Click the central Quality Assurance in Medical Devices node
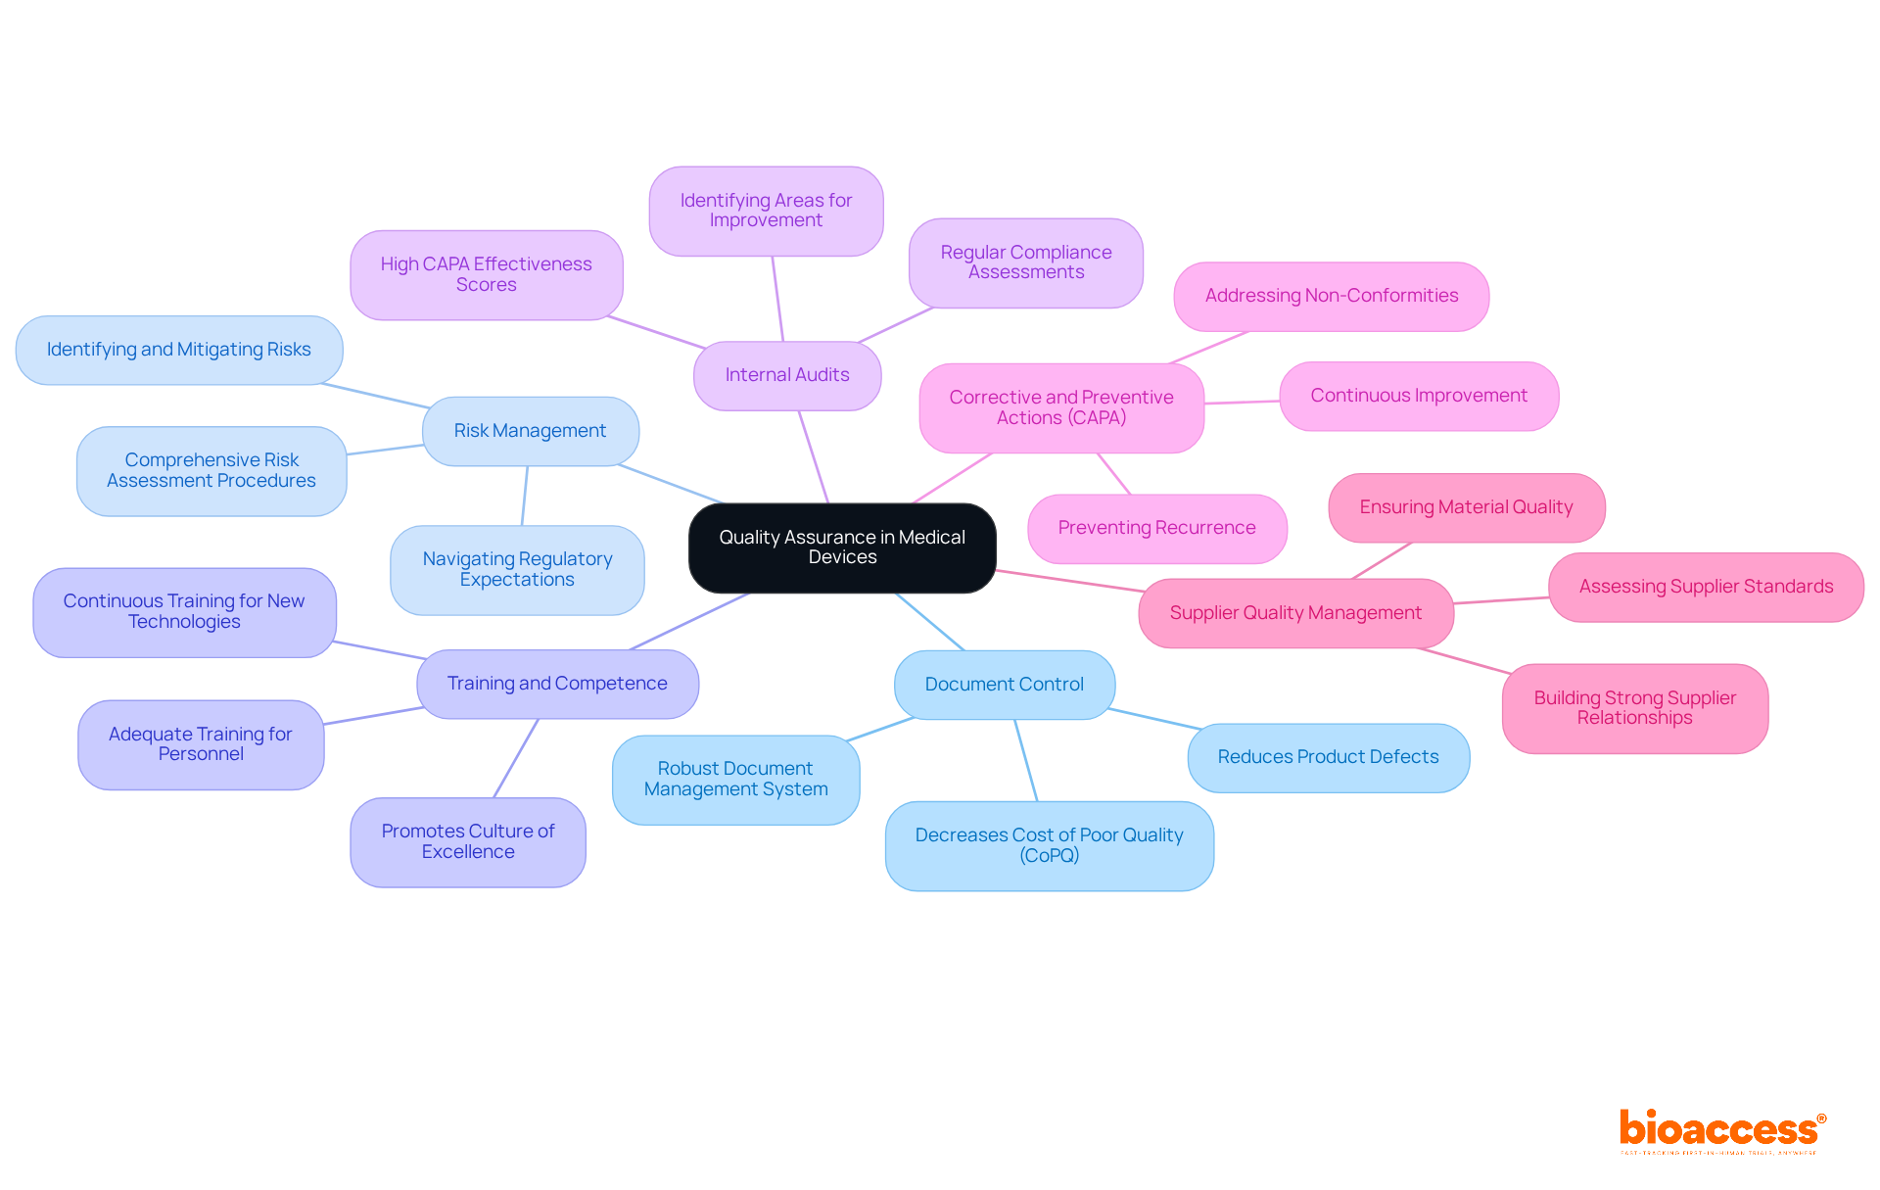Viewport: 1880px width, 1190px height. tap(842, 547)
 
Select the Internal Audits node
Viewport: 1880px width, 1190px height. tap(787, 375)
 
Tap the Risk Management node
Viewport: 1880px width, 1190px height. tap(530, 431)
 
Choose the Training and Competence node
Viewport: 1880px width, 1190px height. tap(557, 684)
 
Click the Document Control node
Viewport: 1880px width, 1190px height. tap(1004, 685)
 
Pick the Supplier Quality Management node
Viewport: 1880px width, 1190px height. tap(1295, 613)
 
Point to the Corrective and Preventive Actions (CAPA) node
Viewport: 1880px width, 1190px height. tap(1061, 407)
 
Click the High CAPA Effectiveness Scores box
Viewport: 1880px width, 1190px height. tap(486, 274)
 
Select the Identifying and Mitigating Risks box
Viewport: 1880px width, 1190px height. tap(179, 350)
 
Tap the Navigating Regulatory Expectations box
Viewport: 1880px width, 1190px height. tap(517, 569)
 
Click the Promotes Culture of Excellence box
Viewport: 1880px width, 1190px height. tap(468, 841)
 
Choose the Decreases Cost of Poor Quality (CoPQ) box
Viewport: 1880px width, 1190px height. tap(1049, 845)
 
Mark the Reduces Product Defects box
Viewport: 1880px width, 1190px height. tap(1328, 757)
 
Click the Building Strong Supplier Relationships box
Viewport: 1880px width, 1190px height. tap(1634, 708)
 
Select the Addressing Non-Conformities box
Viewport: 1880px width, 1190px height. tap(1331, 296)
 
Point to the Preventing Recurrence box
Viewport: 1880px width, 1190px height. tap(1156, 528)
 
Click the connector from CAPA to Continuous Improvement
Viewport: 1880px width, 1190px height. tap(1242, 402)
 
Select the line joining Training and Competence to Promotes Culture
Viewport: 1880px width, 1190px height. tap(516, 758)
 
